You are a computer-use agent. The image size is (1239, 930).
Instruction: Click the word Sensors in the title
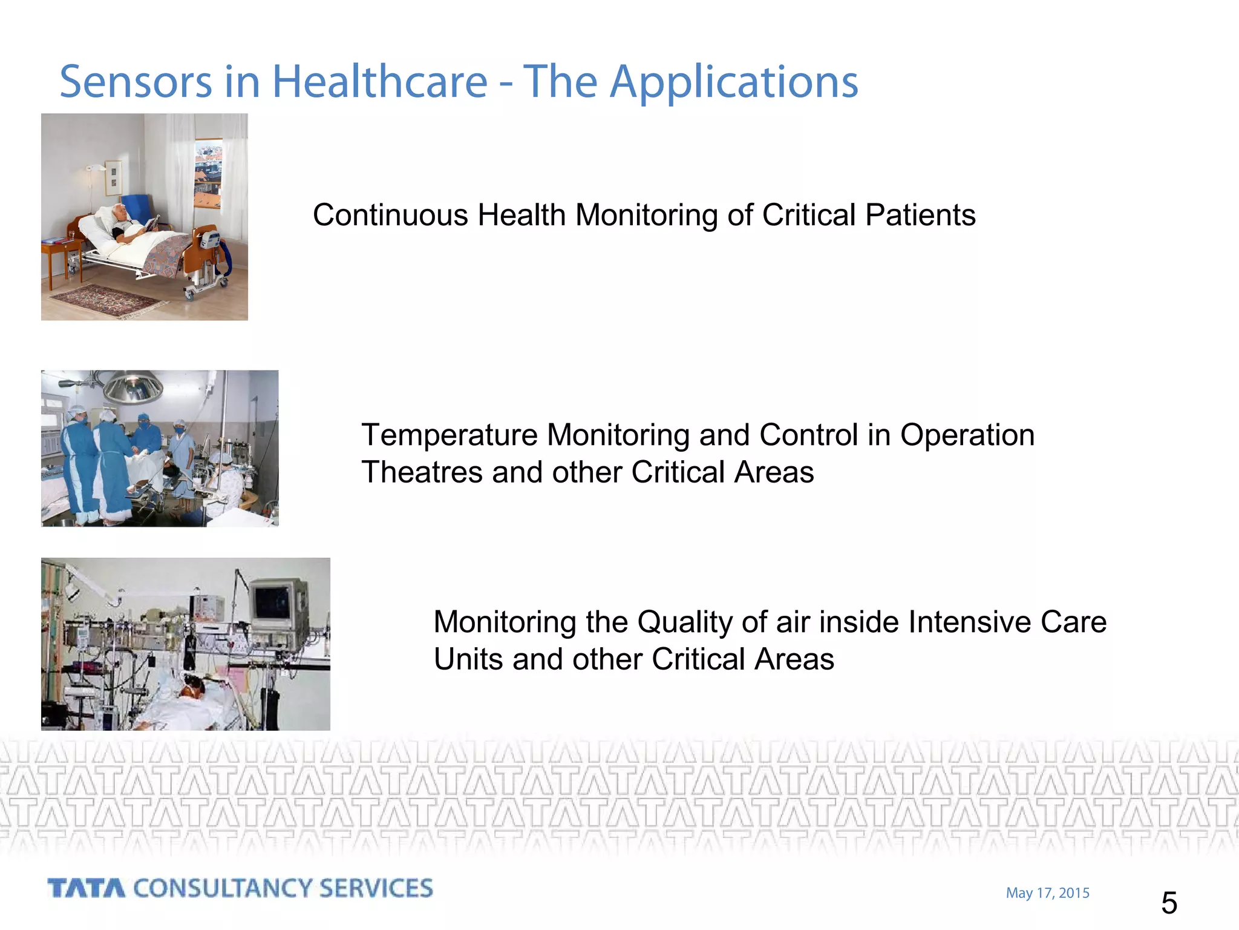[x=136, y=82]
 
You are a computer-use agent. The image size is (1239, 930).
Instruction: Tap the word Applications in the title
[x=733, y=83]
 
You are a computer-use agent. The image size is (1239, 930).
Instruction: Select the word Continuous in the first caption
[x=390, y=216]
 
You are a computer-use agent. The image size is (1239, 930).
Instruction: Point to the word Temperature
[x=450, y=435]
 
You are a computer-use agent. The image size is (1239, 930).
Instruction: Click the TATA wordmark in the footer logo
[x=87, y=889]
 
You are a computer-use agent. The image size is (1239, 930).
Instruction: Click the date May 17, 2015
[x=1047, y=893]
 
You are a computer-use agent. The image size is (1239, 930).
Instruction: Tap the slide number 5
[x=1169, y=903]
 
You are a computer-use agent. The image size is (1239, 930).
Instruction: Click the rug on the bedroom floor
[x=109, y=300]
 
